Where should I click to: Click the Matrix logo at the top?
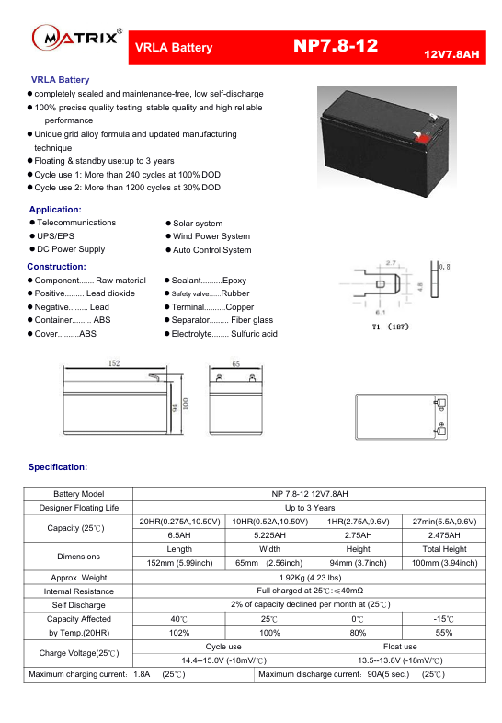click(x=77, y=38)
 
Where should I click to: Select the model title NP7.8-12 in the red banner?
click(x=336, y=47)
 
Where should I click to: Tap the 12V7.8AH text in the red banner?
click(x=451, y=55)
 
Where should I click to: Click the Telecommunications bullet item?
click(x=75, y=223)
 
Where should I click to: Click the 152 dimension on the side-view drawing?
click(x=114, y=364)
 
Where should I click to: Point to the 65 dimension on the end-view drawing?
click(x=235, y=364)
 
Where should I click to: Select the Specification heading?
click(x=58, y=467)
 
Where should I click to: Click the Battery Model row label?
click(x=78, y=494)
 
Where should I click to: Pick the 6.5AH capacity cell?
click(x=179, y=535)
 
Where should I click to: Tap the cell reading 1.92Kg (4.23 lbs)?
click(x=309, y=577)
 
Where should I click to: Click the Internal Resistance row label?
click(x=78, y=591)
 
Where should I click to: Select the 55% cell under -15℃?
click(x=444, y=633)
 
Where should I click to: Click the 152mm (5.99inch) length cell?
click(x=179, y=563)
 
